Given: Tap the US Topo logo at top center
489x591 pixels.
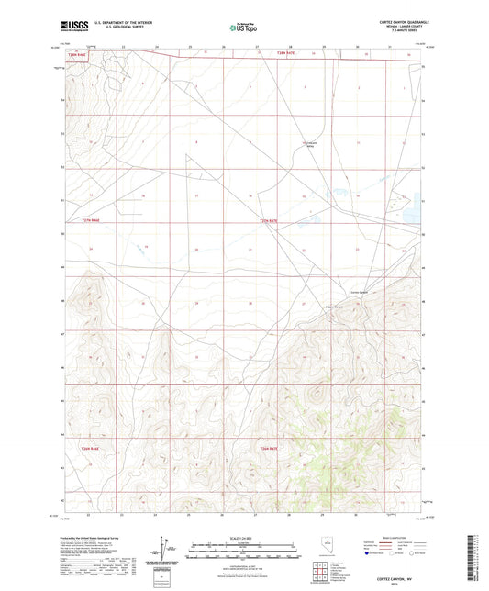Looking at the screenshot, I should pyautogui.click(x=244, y=28).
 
